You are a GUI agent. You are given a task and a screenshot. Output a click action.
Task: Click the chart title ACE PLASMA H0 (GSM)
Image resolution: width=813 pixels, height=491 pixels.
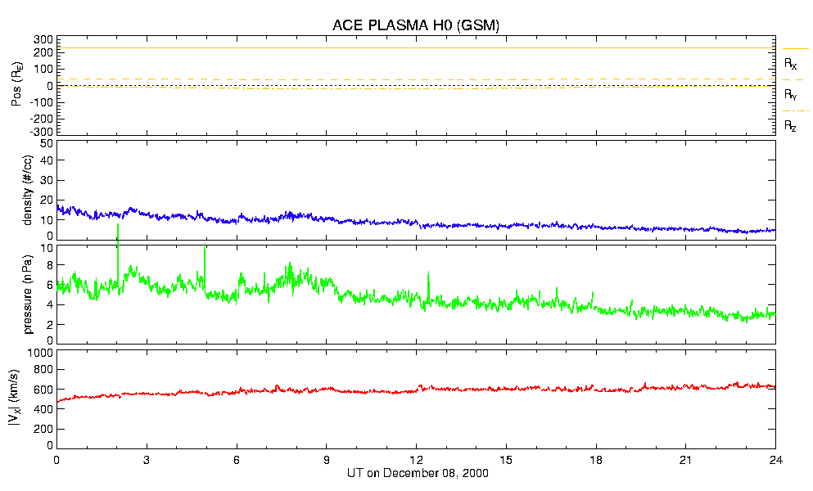pyautogui.click(x=416, y=25)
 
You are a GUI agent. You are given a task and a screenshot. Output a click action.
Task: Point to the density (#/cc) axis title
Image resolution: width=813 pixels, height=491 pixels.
pyautogui.click(x=28, y=189)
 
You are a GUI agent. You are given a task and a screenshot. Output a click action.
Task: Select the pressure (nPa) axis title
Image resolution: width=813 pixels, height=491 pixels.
pyautogui.click(x=28, y=293)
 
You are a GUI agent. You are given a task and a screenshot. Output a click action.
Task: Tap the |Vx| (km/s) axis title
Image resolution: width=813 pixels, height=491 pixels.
pyautogui.click(x=28, y=399)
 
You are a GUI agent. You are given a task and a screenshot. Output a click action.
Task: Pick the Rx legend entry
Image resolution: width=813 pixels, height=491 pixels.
pyautogui.click(x=791, y=63)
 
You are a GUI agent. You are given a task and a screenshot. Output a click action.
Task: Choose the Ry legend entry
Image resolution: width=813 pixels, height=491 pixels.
pyautogui.click(x=791, y=95)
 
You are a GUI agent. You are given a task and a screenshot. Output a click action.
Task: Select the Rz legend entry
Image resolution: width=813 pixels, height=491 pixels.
pyautogui.click(x=791, y=126)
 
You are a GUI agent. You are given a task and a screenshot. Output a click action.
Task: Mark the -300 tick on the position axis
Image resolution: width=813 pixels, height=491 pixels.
pyautogui.click(x=41, y=131)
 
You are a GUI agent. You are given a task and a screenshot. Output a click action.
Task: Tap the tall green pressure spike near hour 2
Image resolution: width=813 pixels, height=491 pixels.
pyautogui.click(x=118, y=237)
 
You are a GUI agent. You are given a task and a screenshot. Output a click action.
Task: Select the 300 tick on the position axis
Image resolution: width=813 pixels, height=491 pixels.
pyautogui.click(x=43, y=39)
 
